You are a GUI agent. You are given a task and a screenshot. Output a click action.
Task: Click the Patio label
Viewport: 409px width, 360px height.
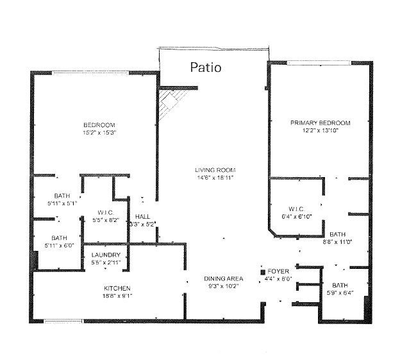pyautogui.click(x=206, y=67)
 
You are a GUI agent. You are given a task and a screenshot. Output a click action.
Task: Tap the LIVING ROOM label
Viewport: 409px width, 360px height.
pyautogui.click(x=215, y=170)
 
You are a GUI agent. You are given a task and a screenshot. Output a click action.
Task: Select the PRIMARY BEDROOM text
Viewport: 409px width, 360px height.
pyautogui.click(x=321, y=123)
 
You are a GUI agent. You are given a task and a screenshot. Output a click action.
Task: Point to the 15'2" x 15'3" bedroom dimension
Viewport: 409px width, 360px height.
pyautogui.click(x=99, y=133)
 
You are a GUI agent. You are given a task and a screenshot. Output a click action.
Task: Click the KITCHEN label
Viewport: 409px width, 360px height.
pyautogui.click(x=117, y=288)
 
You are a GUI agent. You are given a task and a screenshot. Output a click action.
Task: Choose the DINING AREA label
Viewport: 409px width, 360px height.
pyautogui.click(x=224, y=279)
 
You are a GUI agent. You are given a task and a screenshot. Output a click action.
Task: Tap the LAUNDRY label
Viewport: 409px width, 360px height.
pyautogui.click(x=106, y=255)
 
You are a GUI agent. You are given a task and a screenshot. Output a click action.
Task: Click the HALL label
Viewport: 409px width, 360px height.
pyautogui.click(x=143, y=216)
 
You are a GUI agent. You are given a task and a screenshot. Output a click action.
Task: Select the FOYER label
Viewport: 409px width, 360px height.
pyautogui.click(x=278, y=271)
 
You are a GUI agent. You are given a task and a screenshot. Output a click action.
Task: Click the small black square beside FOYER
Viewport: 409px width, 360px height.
pyautogui.click(x=263, y=272)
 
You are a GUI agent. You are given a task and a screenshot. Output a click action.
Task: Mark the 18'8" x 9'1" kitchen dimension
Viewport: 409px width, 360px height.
pyautogui.click(x=117, y=296)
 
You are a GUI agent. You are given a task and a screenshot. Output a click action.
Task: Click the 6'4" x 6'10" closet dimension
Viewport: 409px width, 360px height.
pyautogui.click(x=297, y=217)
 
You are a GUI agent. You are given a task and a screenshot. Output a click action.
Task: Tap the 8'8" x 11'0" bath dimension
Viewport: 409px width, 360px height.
pyautogui.click(x=338, y=242)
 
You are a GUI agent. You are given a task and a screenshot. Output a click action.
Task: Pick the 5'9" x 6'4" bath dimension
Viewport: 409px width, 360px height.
pyautogui.click(x=340, y=293)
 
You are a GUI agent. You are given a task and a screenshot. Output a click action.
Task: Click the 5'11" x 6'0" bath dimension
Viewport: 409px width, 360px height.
pyautogui.click(x=59, y=246)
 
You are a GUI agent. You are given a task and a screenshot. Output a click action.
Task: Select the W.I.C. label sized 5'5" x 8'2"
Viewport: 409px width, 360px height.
pyautogui.click(x=106, y=212)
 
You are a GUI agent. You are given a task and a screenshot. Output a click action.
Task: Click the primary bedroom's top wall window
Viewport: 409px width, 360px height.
pyautogui.click(x=319, y=63)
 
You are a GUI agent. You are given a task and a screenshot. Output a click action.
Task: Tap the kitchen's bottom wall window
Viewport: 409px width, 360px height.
pyautogui.click(x=63, y=321)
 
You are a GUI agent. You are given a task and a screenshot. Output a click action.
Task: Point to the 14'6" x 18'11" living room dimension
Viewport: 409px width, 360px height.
pyautogui.click(x=215, y=178)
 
